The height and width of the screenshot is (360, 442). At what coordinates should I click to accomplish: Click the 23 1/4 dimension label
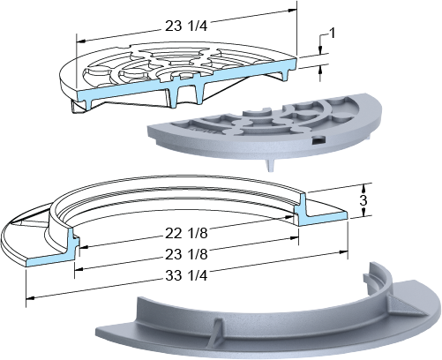pos(186,26)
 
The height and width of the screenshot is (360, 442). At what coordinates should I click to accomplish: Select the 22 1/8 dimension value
pos(186,233)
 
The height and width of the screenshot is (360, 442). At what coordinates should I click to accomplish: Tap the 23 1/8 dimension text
pos(186,254)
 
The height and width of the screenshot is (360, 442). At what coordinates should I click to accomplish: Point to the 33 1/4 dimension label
pos(186,275)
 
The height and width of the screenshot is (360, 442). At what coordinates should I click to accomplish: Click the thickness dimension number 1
pos(332,34)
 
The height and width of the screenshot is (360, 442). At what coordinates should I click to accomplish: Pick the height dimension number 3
pos(363,200)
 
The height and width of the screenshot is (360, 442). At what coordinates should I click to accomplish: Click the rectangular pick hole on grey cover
pos(318,140)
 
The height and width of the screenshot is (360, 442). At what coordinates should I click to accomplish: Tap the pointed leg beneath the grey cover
pos(271,165)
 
